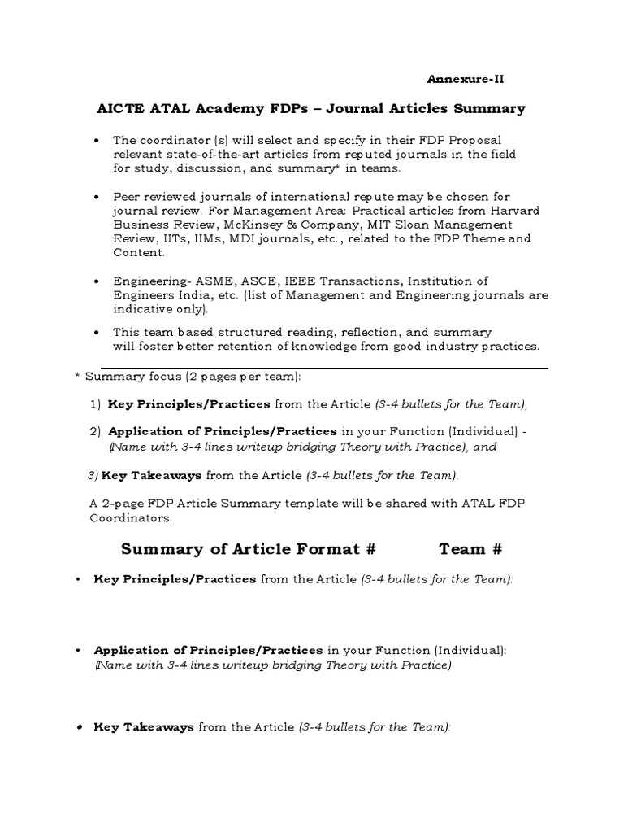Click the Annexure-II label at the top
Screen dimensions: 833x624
471,79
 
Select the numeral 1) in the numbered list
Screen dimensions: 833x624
95,404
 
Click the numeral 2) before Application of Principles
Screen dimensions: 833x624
95,431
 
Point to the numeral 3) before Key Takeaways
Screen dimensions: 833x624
92,475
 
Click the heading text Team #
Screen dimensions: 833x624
470,549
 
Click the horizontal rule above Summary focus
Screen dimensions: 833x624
325,369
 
